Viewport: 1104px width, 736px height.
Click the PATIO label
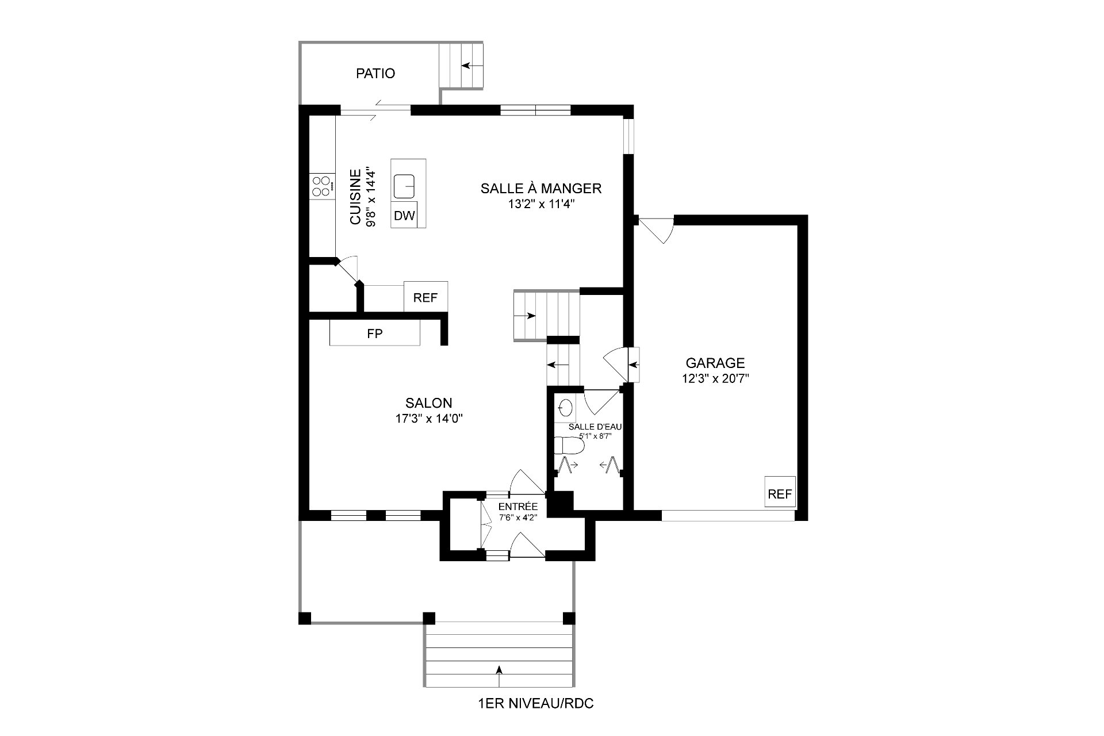tap(375, 74)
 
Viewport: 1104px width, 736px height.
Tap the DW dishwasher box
tap(404, 216)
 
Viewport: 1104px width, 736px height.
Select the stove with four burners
tap(322, 187)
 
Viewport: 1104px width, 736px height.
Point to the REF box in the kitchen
tap(425, 297)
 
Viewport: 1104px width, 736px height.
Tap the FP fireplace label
tap(375, 333)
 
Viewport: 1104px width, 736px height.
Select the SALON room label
tap(429, 403)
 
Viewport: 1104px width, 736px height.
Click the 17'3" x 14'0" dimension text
tap(429, 419)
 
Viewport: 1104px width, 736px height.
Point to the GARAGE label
tap(715, 363)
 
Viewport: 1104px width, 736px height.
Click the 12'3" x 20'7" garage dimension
tap(715, 378)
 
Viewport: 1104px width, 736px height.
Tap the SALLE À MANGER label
tap(541, 188)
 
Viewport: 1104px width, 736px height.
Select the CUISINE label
tap(356, 197)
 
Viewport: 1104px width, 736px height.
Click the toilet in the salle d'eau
tap(565, 446)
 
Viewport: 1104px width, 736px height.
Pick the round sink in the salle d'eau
tap(566, 408)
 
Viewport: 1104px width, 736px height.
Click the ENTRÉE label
tap(518, 507)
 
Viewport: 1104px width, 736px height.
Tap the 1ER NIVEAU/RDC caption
tap(535, 703)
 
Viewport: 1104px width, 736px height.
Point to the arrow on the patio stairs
tap(469, 65)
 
